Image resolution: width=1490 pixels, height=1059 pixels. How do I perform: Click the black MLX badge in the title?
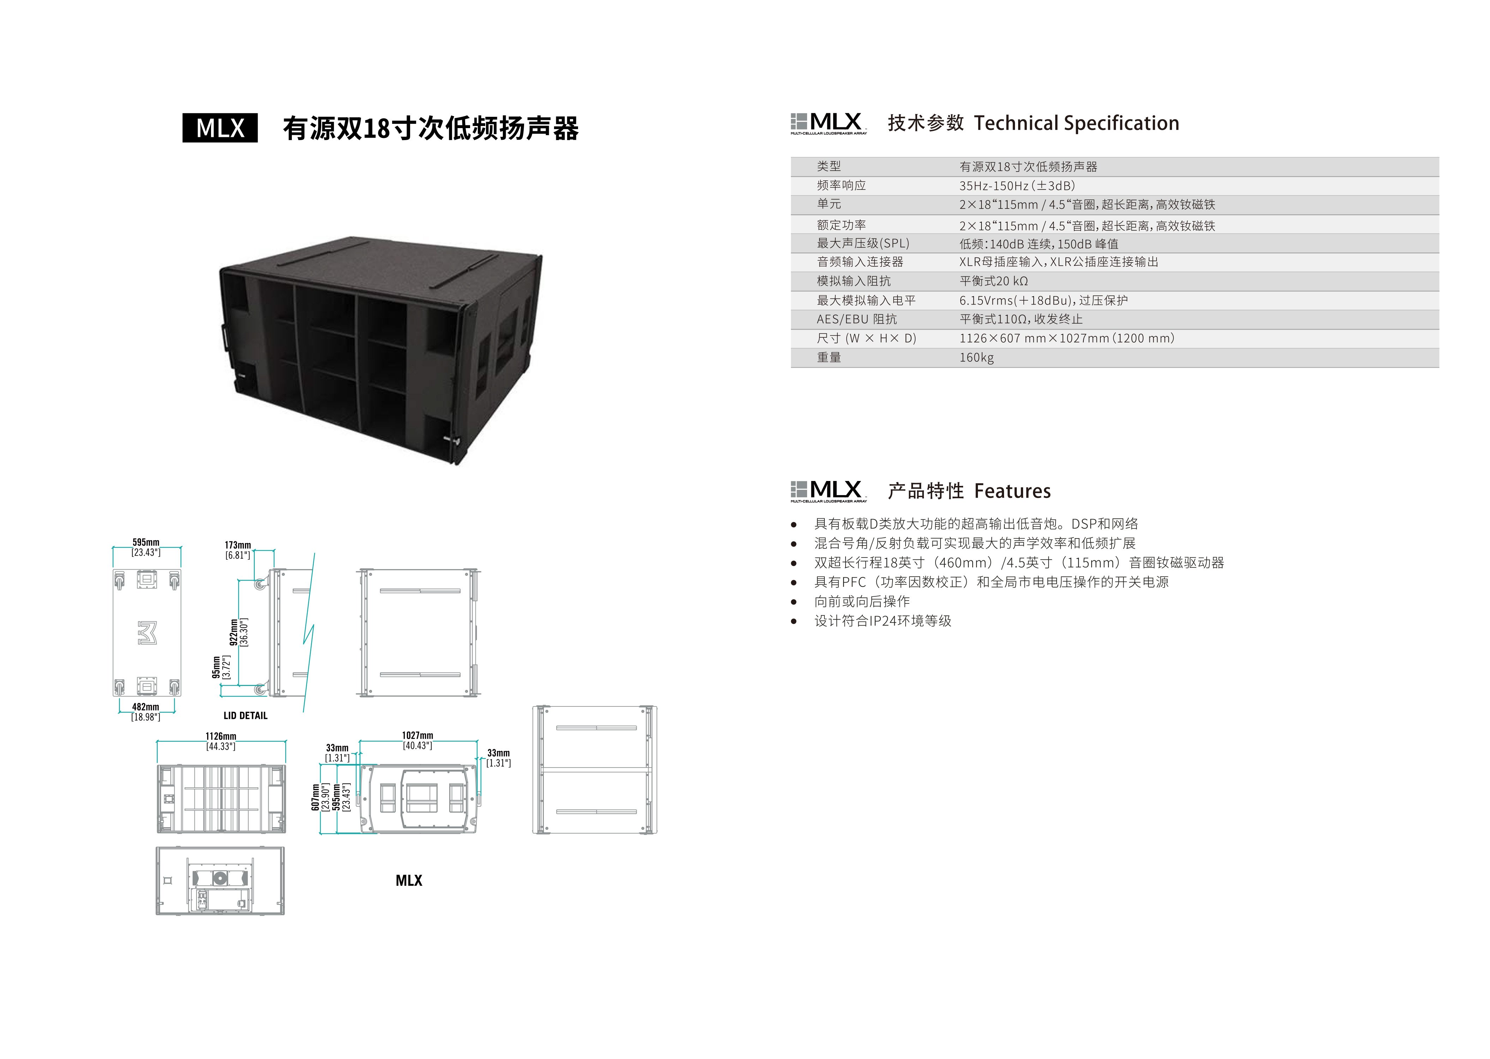click(220, 128)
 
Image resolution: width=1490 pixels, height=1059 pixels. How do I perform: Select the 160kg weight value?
click(976, 357)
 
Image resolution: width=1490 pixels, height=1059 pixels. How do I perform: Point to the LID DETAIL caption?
click(245, 715)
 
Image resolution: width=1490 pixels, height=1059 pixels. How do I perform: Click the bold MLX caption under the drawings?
click(409, 880)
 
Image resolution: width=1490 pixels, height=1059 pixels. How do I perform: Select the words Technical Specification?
click(1077, 123)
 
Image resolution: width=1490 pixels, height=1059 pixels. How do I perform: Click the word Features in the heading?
click(1013, 491)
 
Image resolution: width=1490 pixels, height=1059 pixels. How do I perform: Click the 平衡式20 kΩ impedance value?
click(994, 281)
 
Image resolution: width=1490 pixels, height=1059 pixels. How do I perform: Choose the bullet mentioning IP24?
click(883, 621)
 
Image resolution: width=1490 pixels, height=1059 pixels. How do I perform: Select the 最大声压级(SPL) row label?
click(863, 243)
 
